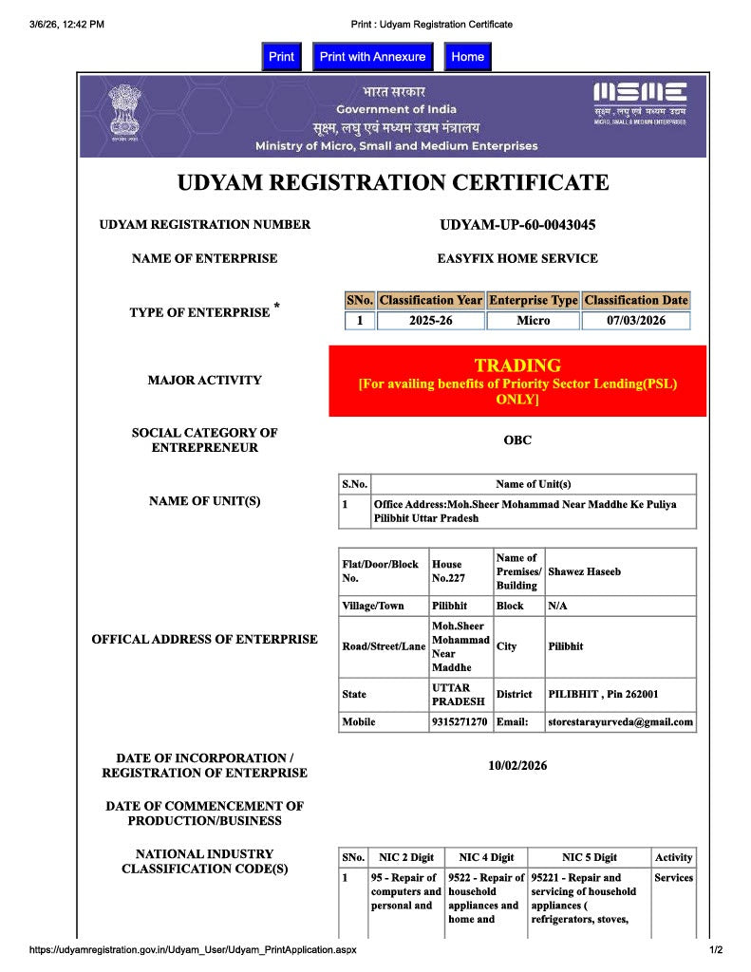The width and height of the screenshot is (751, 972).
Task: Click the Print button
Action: point(281,57)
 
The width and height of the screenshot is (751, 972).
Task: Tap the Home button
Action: point(467,57)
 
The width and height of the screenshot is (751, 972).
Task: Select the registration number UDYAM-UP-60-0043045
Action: point(517,225)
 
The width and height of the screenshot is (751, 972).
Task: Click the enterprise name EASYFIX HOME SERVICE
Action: point(517,258)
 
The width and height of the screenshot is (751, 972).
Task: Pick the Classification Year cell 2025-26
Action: point(431,321)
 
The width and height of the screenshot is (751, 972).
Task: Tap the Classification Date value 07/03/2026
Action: point(635,321)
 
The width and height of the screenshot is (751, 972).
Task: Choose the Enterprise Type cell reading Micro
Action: point(533,321)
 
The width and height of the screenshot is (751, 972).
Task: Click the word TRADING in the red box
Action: point(517,365)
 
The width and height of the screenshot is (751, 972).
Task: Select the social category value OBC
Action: point(517,440)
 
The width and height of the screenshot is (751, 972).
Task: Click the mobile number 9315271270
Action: point(460,722)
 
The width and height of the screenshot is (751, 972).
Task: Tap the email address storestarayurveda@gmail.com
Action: point(621,722)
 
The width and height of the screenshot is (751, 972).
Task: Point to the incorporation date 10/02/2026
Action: point(517,766)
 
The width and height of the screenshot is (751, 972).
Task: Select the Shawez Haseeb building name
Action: point(585,571)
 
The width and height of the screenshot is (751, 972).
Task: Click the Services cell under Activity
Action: point(673,878)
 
